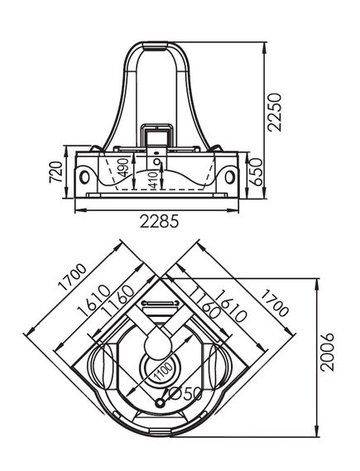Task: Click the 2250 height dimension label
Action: click(x=275, y=113)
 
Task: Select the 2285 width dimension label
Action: click(x=159, y=222)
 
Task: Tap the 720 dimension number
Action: click(x=56, y=172)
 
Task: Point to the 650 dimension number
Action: click(x=256, y=172)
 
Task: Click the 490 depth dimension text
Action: click(x=124, y=167)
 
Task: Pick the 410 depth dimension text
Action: click(x=154, y=180)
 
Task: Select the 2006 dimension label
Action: click(x=327, y=352)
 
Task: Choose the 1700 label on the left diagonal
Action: click(x=72, y=277)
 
